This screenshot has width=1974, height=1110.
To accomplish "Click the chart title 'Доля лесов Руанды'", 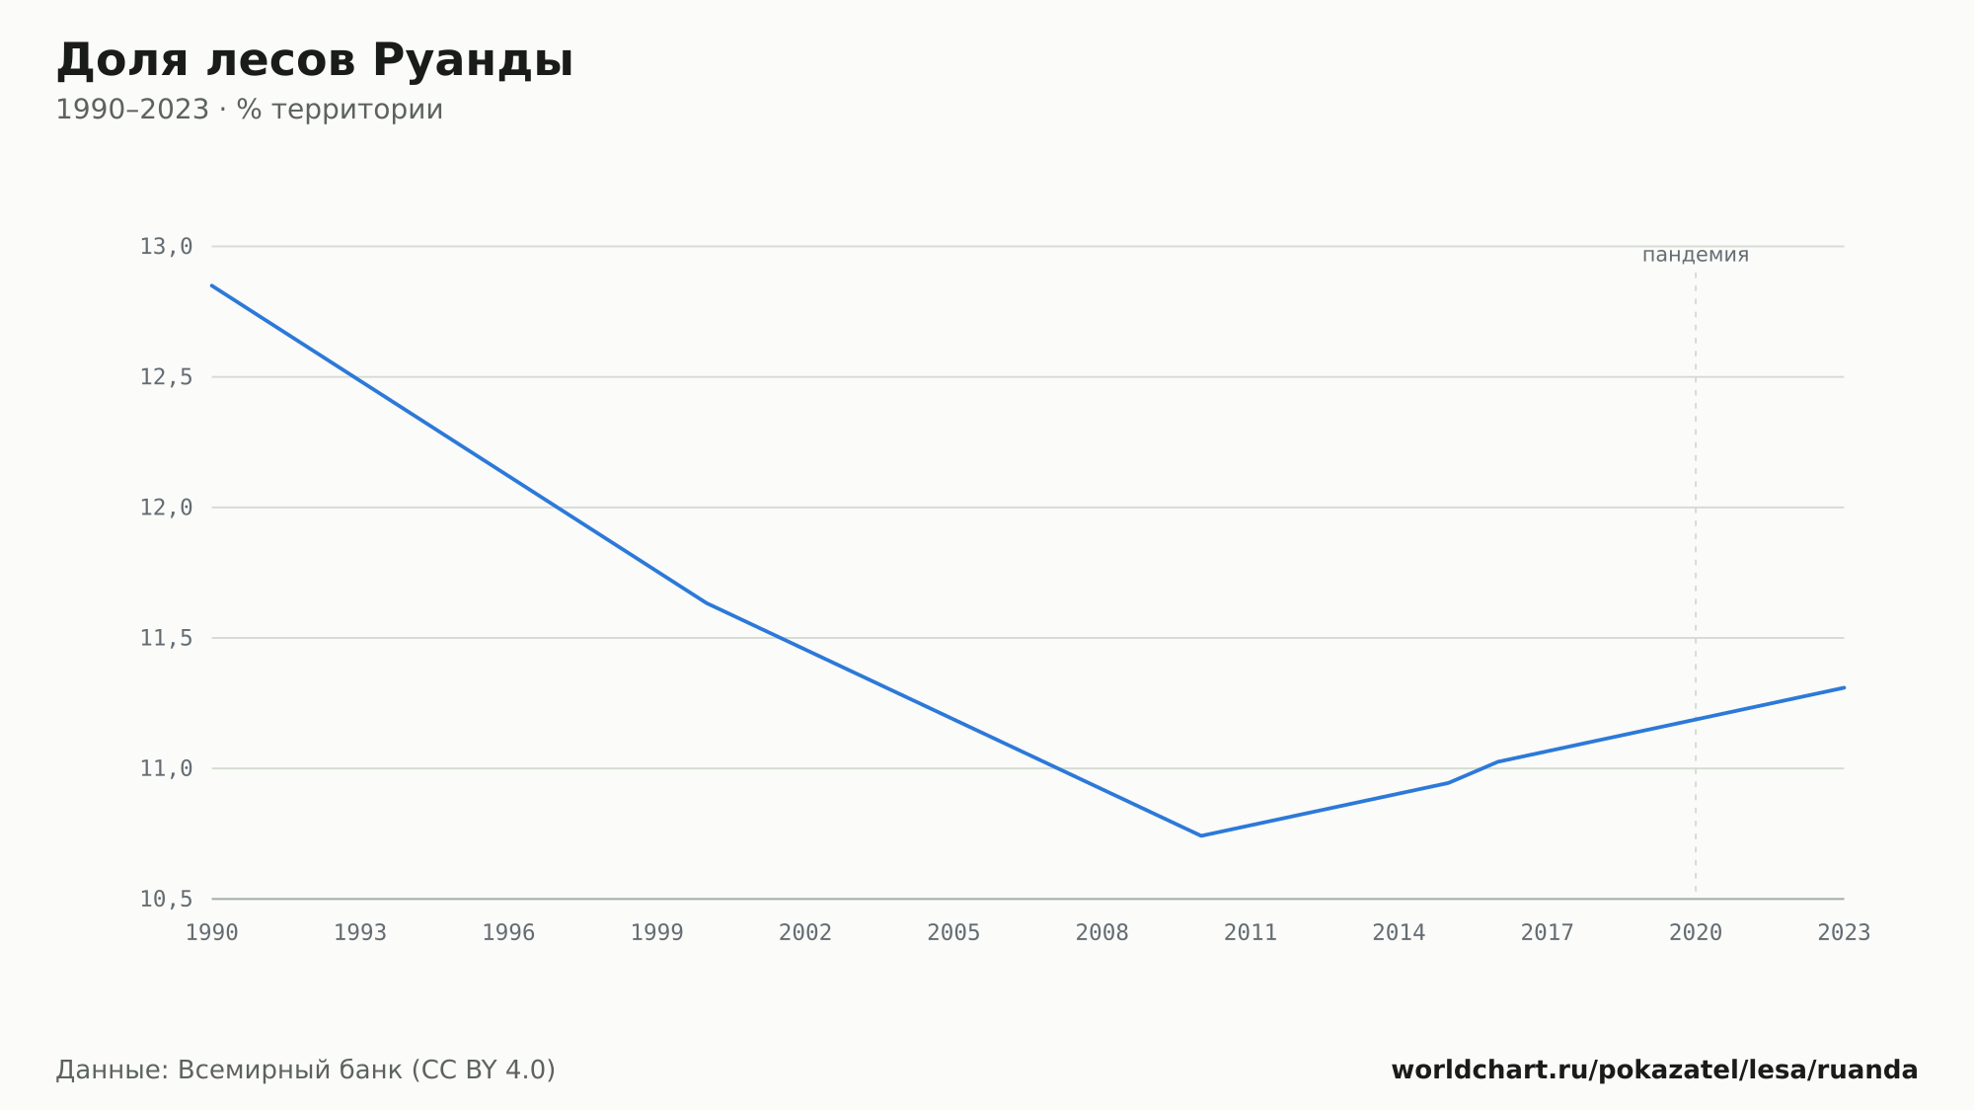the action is tap(314, 61).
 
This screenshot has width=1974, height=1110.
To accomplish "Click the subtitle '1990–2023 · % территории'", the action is tap(249, 110).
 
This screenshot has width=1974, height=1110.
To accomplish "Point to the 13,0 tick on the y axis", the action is tap(166, 247).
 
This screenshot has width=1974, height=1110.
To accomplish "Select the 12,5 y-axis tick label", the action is tap(166, 377).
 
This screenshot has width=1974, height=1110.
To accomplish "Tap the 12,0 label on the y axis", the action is tap(166, 508).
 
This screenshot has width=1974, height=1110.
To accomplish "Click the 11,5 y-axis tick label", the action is tap(166, 638).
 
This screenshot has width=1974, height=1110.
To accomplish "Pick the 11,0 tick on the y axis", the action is tap(166, 768).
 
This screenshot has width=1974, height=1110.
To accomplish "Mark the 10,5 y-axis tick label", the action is tap(166, 899).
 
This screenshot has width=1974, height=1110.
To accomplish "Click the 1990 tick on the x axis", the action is tap(212, 933).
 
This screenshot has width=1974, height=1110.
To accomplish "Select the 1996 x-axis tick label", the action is tap(508, 933).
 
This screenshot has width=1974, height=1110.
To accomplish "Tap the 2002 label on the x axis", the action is tap(805, 933).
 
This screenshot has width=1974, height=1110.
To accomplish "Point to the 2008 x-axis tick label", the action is tap(1102, 933).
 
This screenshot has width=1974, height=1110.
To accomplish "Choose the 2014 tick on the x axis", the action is tap(1399, 933).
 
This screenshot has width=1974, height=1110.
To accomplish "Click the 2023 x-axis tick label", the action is tap(1844, 933).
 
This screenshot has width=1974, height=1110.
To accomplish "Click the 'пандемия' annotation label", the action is tap(1696, 255).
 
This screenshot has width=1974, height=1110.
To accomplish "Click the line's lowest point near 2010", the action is tap(1201, 835).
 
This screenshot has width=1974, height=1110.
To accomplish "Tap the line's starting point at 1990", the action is tap(212, 285).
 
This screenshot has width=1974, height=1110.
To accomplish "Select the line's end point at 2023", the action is tap(1844, 687).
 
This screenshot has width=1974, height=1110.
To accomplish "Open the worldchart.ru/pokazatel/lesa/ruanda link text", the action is tap(1654, 1070).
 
